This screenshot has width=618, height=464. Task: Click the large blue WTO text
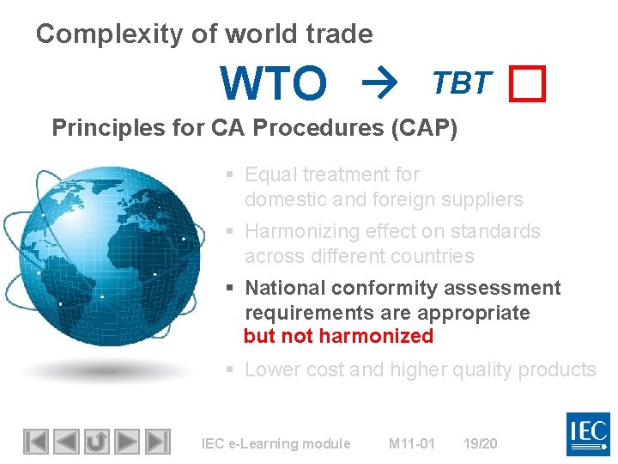274,83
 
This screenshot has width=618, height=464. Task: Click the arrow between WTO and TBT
375,83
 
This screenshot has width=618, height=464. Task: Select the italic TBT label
462,82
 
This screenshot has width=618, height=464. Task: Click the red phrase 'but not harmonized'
339,337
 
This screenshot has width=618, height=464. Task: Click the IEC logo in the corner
588,434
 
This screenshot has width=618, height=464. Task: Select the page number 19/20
480,443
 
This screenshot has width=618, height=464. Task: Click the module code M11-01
412,443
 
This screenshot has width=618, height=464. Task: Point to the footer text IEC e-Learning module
276,443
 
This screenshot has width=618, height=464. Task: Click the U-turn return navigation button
97,442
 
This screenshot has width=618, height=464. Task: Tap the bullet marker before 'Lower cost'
230,370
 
